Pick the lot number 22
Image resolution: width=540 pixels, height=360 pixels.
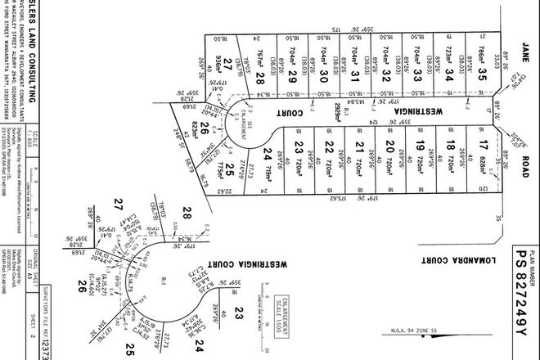(x=329, y=147)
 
